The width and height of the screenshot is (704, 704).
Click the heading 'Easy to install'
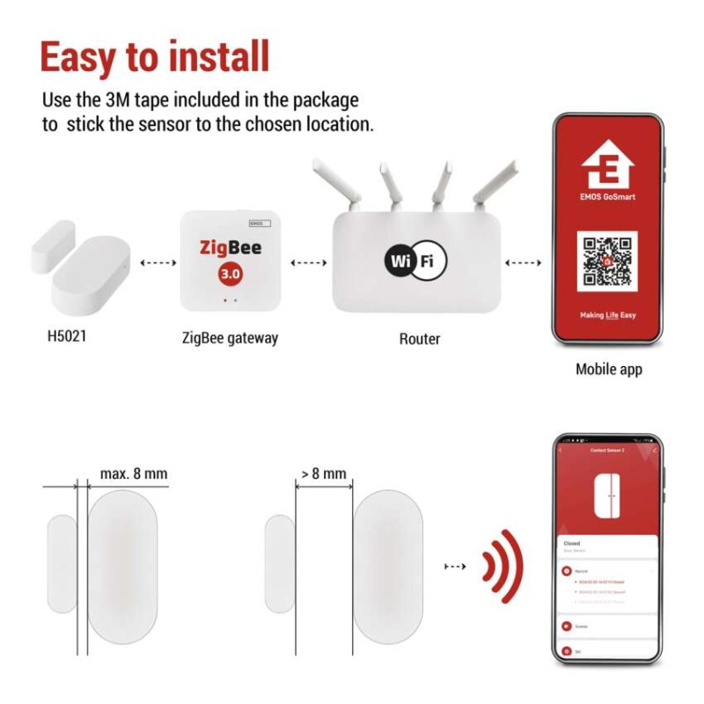click(x=154, y=57)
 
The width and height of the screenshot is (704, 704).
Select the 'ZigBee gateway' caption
click(x=230, y=338)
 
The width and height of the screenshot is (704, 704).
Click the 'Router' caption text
click(x=419, y=339)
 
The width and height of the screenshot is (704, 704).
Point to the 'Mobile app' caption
click(x=608, y=369)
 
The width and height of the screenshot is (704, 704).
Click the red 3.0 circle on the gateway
click(x=231, y=274)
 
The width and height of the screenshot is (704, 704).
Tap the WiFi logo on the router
click(x=415, y=260)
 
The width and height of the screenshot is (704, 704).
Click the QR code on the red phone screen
click(x=607, y=261)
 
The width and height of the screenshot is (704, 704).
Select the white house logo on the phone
click(x=607, y=164)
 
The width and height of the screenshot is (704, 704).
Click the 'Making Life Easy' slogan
click(x=607, y=314)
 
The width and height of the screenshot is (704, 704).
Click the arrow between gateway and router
click(x=308, y=262)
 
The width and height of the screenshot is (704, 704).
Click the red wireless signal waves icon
click(x=503, y=566)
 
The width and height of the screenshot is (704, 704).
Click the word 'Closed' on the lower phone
click(x=572, y=544)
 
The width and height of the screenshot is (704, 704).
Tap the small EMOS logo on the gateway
click(x=260, y=224)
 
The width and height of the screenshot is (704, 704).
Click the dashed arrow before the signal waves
click(x=455, y=566)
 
